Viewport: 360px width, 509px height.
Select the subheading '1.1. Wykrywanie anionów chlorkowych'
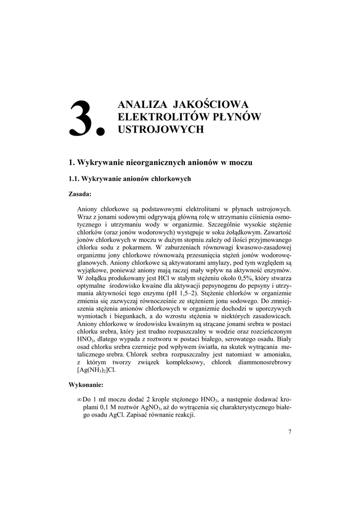click(129, 179)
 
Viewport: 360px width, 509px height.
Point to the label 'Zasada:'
click(80, 194)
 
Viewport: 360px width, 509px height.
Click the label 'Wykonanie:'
click(86, 385)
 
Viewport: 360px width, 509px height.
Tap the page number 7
click(289, 431)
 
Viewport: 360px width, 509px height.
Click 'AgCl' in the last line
click(117, 416)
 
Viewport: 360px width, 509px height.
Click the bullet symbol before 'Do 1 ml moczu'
click(80, 400)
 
